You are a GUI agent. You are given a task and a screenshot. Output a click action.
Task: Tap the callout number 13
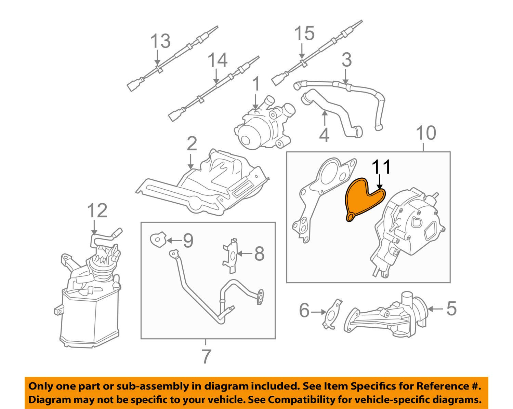coord(160,41)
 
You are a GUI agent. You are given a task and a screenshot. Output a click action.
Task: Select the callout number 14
coord(218,60)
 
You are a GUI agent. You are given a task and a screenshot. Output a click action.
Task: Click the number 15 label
coord(304,33)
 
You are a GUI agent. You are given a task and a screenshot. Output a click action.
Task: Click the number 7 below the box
coord(205,356)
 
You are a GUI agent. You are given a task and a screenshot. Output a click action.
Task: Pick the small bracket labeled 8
coord(230,255)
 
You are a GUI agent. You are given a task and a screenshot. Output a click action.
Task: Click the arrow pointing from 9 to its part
coord(175,241)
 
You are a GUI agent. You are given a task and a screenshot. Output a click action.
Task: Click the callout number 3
coord(346,60)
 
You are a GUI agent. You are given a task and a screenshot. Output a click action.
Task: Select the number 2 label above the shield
coord(192,144)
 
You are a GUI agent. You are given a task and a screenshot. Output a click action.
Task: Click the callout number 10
coord(426,133)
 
